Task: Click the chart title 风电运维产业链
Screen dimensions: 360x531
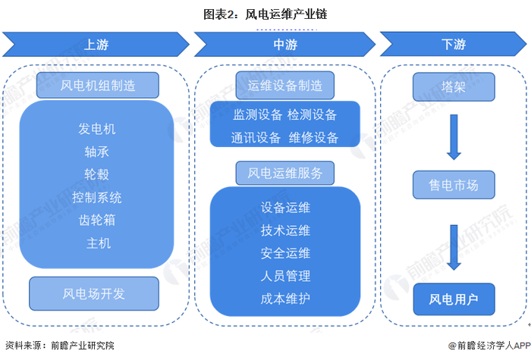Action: [265, 14]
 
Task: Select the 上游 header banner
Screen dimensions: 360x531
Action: [96, 44]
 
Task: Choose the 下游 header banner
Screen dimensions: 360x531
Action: [453, 44]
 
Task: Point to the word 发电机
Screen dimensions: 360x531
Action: [97, 129]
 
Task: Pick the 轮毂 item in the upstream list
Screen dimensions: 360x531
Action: [97, 174]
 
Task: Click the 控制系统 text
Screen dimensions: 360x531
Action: [97, 198]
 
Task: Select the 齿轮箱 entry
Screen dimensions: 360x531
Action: [97, 221]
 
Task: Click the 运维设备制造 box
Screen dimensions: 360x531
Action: [285, 85]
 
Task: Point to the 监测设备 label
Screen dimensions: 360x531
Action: [257, 114]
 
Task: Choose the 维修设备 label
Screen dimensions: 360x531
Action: [313, 138]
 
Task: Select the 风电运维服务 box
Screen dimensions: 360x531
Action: [285, 173]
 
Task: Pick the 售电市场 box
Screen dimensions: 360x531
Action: [453, 184]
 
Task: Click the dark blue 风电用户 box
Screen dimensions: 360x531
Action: [453, 299]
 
